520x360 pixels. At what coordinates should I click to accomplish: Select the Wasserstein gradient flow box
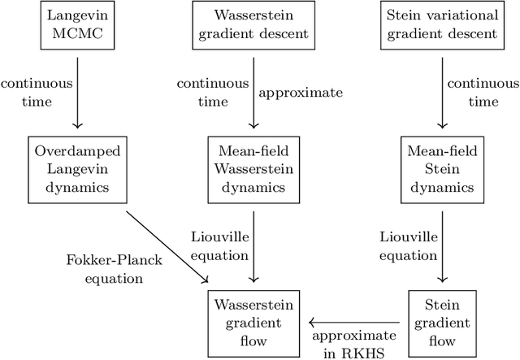pos(253,319)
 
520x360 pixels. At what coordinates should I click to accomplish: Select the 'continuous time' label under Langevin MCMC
pos(37,93)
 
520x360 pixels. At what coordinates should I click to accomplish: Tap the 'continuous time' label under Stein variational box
pos(484,93)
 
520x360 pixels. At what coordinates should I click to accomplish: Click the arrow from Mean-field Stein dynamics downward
pos(441,244)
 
